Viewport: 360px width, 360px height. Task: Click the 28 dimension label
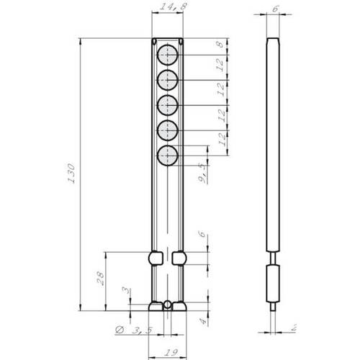pos(100,277)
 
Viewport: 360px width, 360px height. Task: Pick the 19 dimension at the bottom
pos(167,351)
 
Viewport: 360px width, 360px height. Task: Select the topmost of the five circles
pos(168,55)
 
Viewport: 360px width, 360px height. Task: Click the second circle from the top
pos(168,80)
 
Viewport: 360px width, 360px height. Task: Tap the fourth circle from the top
pos(168,130)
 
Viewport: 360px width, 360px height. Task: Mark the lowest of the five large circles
pos(168,156)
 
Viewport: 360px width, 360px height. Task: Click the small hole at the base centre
pos(167,305)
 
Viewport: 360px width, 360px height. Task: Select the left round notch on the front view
pos(154,257)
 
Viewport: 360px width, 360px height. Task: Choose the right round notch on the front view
pos(180,257)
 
